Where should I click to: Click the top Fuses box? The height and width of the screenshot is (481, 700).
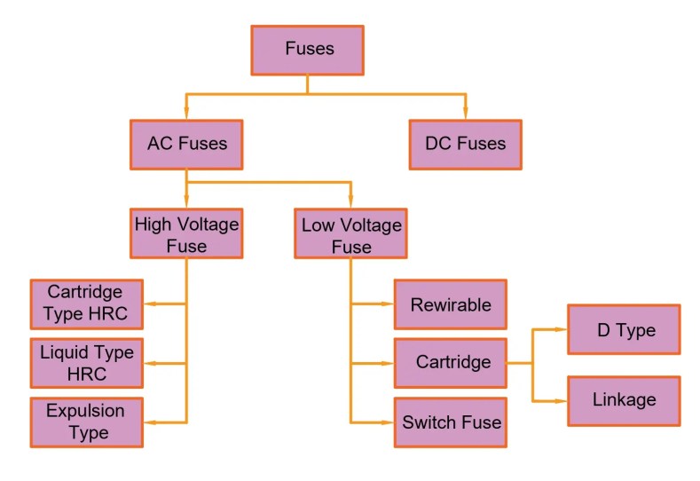click(308, 50)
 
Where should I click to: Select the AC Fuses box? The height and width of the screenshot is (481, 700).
click(186, 144)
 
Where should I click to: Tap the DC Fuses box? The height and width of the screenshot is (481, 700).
click(465, 144)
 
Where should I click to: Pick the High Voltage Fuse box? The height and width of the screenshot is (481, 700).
click(186, 234)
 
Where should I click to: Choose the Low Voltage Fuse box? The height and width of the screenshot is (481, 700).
click(351, 234)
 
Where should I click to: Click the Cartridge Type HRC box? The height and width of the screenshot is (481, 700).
click(86, 304)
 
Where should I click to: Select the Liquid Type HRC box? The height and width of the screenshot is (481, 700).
click(86, 363)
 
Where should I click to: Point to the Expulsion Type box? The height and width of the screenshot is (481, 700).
click(86, 422)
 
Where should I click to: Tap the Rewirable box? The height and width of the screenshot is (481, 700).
click(450, 304)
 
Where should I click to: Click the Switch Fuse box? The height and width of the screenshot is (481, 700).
click(450, 422)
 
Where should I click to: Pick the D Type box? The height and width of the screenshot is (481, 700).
click(624, 330)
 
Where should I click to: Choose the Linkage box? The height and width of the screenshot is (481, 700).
click(624, 400)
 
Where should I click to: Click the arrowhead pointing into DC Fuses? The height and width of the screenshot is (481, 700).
click(465, 114)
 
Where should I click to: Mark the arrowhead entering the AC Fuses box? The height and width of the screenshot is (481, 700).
click(186, 114)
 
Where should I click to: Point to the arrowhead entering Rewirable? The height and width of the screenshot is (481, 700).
click(388, 304)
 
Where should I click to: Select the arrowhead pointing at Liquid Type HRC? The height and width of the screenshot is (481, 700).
click(150, 363)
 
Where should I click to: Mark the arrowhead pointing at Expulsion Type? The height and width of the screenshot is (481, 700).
click(150, 422)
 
